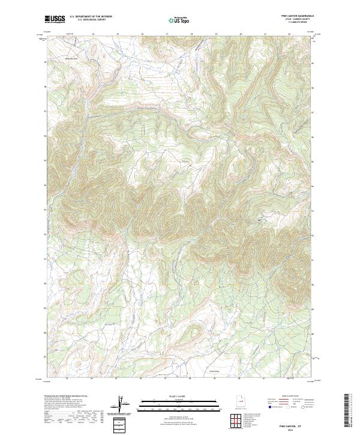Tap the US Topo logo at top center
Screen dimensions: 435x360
pyautogui.click(x=179, y=20)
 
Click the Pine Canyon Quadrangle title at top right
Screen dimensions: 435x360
pyautogui.click(x=300, y=16)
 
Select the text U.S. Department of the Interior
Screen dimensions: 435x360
pyautogui.click(x=91, y=17)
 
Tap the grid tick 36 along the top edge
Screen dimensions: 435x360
pyautogui.click(x=142, y=34)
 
